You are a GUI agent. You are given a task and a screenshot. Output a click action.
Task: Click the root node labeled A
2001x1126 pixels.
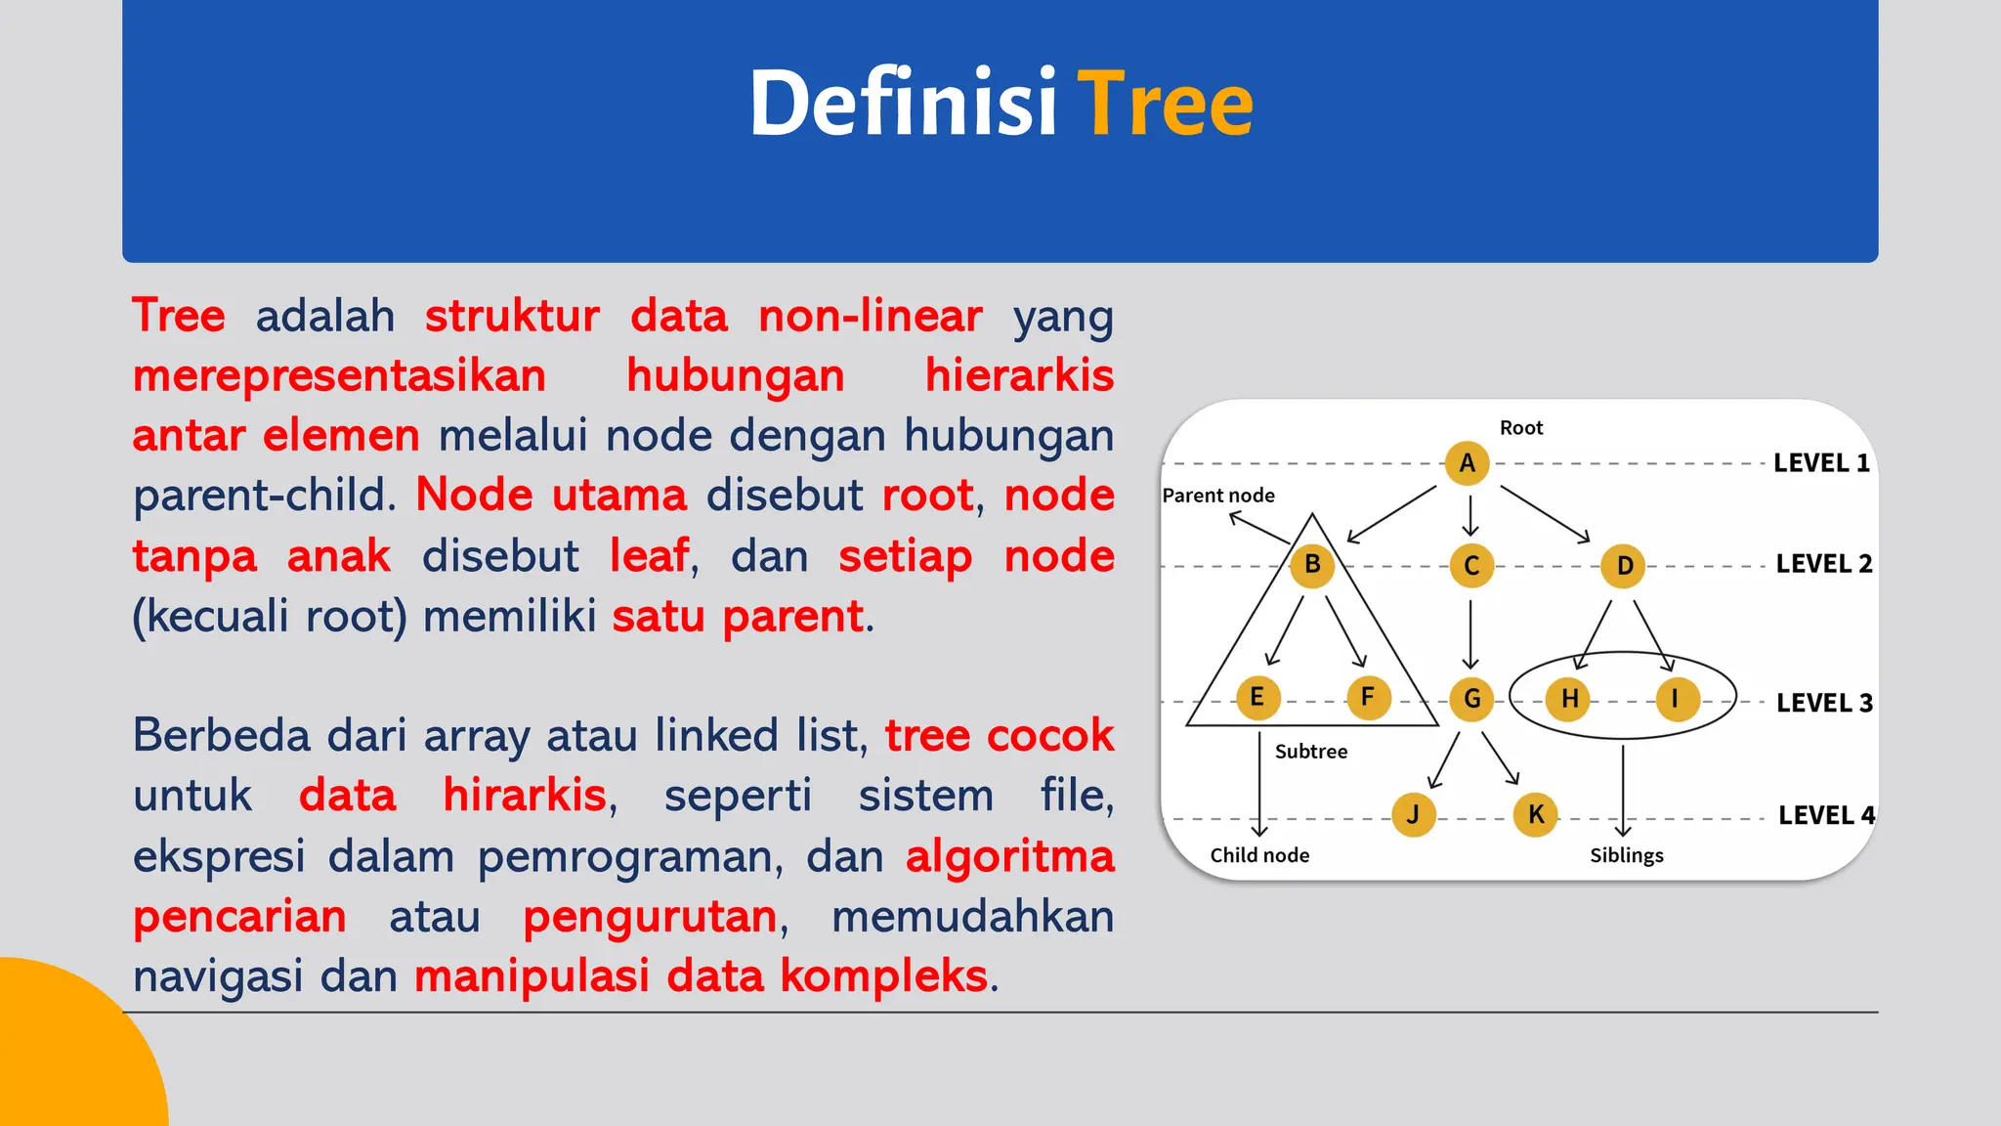point(1467,463)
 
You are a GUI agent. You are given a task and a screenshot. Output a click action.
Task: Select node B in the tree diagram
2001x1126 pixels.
point(1312,565)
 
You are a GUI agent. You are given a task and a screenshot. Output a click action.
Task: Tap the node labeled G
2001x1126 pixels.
point(1471,699)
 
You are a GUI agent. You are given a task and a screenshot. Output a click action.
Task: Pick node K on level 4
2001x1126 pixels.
point(1535,814)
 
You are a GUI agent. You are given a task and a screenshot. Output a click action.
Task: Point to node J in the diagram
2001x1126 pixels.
point(1413,814)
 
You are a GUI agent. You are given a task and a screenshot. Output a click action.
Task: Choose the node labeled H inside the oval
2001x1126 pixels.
point(1569,699)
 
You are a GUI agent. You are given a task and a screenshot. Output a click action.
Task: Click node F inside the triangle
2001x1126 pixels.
point(1368,698)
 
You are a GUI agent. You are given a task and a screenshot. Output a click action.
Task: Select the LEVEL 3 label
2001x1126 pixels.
point(1823,703)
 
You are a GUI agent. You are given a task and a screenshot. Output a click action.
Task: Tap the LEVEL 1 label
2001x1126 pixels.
point(1821,463)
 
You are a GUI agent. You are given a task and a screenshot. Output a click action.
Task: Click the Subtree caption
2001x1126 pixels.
point(1310,752)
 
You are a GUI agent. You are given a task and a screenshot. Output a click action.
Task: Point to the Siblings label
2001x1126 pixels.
point(1626,855)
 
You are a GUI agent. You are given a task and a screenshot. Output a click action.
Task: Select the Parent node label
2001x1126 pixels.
point(1218,496)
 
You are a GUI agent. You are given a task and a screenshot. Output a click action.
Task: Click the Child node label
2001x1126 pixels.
point(1259,855)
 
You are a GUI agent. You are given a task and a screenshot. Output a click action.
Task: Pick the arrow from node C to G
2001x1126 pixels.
point(1470,634)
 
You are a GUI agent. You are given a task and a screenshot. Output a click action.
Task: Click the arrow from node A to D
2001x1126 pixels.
point(1545,514)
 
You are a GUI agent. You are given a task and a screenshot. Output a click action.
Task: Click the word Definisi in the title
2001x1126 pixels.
point(903,104)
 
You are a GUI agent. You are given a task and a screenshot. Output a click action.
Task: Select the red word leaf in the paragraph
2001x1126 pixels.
point(649,556)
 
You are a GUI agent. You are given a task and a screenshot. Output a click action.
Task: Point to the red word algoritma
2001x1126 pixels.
point(1009,856)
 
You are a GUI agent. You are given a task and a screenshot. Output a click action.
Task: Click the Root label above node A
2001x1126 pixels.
point(1520,428)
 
